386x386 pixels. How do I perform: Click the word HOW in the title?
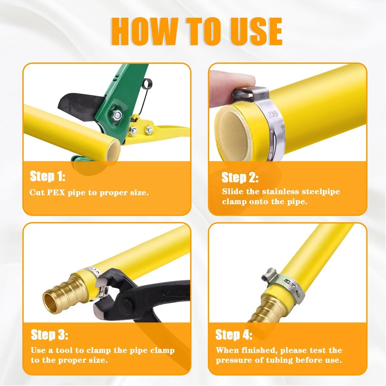145,32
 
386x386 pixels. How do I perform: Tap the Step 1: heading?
47,176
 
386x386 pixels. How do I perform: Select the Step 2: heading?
240,177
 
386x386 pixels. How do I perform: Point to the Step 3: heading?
49,335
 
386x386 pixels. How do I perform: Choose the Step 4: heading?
234,335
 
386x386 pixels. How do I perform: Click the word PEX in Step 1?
56,192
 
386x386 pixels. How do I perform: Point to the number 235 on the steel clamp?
273,114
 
